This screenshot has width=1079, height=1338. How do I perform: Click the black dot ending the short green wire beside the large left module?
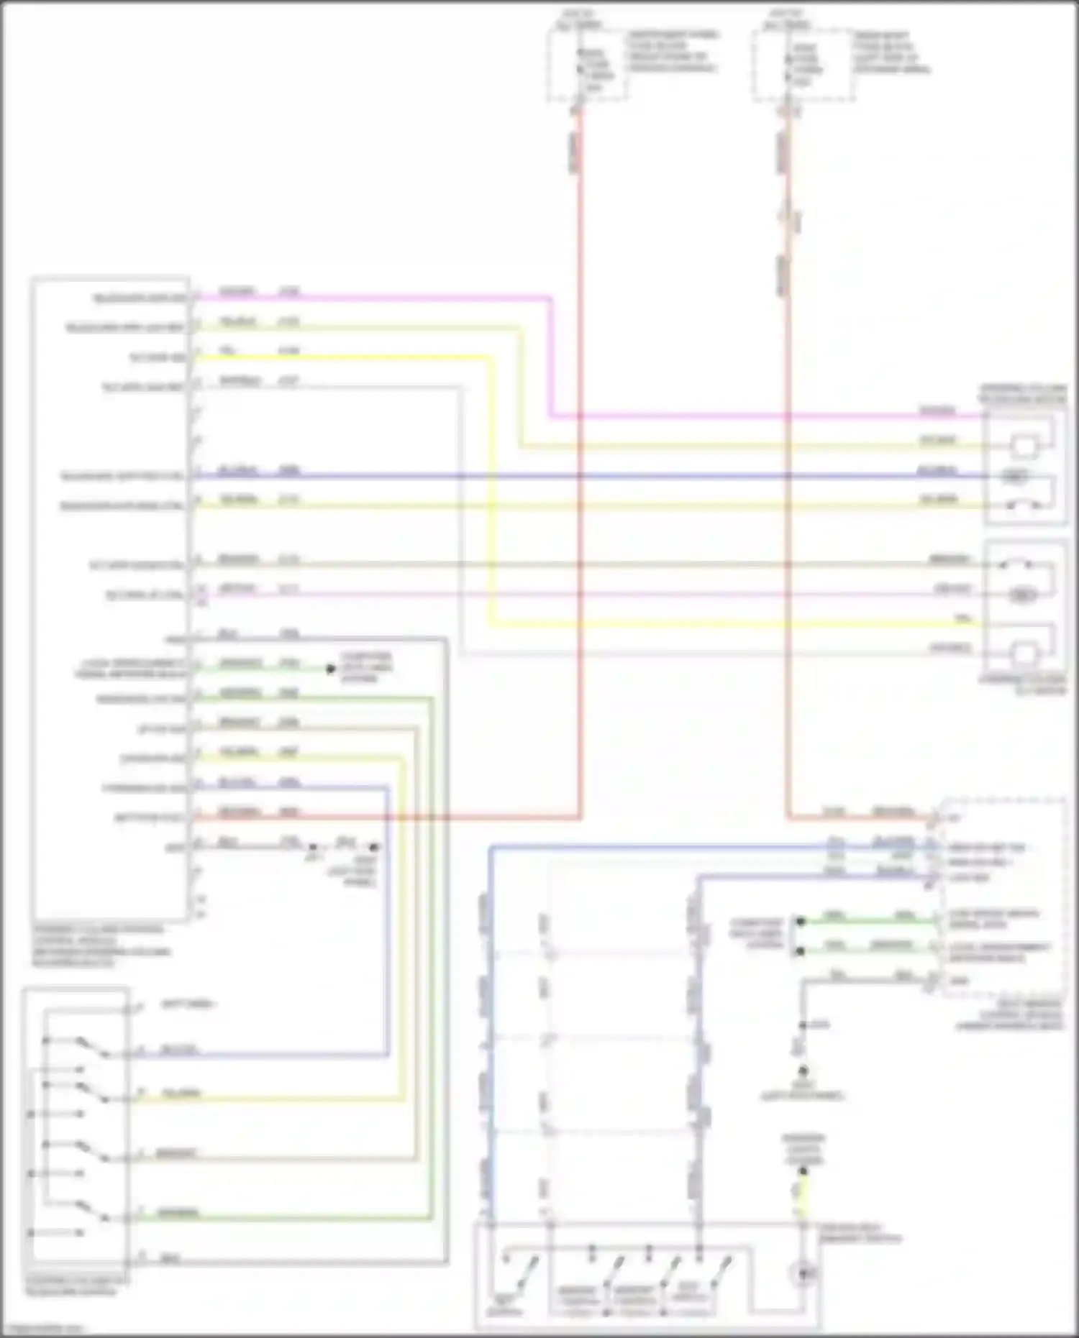pyautogui.click(x=331, y=669)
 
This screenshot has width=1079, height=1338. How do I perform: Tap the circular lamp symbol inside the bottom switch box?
pyautogui.click(x=803, y=1274)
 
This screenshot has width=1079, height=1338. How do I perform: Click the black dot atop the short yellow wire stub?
pyautogui.click(x=803, y=1171)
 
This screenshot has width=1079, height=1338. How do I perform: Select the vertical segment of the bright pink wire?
pyautogui.click(x=551, y=356)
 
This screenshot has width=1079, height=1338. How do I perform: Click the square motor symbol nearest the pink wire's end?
pyautogui.click(x=1024, y=447)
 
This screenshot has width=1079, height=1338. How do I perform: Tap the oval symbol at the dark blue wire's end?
pyautogui.click(x=1016, y=476)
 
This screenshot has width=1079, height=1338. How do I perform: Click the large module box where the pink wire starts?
pyautogui.click(x=109, y=597)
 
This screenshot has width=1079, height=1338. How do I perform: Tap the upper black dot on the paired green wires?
pyautogui.click(x=800, y=921)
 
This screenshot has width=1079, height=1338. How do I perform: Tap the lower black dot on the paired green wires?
pyautogui.click(x=800, y=951)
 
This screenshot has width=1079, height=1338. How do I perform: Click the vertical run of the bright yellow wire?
pyautogui.click(x=492, y=489)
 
